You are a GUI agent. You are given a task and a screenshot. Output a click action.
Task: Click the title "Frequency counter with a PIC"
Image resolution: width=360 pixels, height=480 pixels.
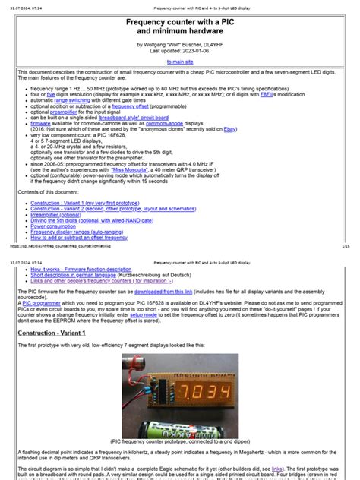180,23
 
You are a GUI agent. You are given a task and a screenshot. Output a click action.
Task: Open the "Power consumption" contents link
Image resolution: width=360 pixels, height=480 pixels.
58,225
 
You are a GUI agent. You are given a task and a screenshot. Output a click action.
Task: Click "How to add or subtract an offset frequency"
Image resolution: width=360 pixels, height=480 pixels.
81,237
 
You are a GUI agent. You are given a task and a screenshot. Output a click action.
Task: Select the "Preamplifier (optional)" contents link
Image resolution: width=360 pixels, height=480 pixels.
59,213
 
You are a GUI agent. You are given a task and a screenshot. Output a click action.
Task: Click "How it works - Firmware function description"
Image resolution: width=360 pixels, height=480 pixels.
82,270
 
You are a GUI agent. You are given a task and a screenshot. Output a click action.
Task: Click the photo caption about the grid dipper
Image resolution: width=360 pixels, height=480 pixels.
180,440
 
